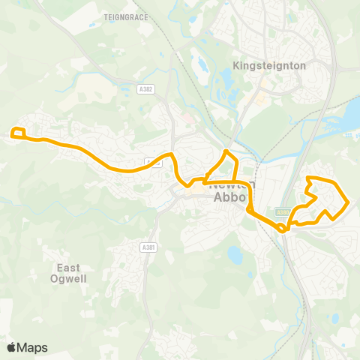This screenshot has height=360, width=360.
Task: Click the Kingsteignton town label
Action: (x=270, y=65)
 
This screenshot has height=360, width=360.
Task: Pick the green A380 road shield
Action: (x=281, y=212)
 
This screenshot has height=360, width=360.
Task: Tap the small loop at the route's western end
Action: (x=19, y=134)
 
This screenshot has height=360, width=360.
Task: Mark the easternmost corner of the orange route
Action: (x=348, y=202)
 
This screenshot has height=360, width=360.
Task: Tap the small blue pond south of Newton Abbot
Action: (x=235, y=255)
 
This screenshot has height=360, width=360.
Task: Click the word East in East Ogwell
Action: (x=69, y=267)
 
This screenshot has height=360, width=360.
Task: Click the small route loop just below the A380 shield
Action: (x=283, y=226)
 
